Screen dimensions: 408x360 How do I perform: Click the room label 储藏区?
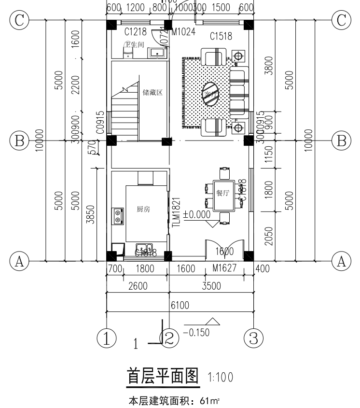(152, 92)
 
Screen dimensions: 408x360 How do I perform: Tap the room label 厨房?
(143, 209)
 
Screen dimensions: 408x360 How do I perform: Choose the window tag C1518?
(221, 36)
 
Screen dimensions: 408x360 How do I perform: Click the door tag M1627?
(225, 268)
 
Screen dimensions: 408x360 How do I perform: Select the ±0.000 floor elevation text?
(196, 214)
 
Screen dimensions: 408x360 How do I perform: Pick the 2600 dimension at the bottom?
(138, 286)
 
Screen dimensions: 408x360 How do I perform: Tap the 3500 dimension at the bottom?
(211, 286)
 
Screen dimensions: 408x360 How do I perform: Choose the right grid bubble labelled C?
(341, 21)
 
